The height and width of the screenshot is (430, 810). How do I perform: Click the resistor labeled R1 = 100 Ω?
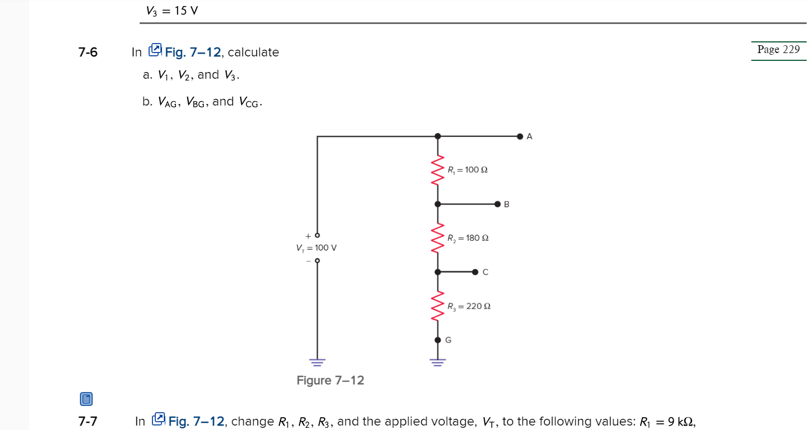click(437, 170)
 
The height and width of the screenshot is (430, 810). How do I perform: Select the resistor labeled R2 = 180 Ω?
click(437, 238)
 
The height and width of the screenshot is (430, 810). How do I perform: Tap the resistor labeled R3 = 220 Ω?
click(437, 306)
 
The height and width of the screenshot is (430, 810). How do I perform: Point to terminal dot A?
click(520, 136)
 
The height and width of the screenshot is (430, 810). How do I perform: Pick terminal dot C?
click(475, 272)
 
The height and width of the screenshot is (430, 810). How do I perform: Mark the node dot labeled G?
click(437, 340)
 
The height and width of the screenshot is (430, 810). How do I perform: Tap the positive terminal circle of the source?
click(317, 235)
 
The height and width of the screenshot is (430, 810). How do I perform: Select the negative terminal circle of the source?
click(317, 261)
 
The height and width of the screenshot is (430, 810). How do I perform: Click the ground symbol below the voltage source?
click(317, 362)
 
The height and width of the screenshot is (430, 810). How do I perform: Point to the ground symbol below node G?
click(437, 362)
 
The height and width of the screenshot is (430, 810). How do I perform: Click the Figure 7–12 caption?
click(330, 381)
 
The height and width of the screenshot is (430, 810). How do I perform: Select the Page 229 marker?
click(778, 50)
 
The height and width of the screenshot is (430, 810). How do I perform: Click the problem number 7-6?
click(88, 52)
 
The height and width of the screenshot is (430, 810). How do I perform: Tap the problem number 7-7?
click(88, 422)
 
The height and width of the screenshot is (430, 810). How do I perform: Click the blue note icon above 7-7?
click(86, 399)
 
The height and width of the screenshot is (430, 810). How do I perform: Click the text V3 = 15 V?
click(172, 11)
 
